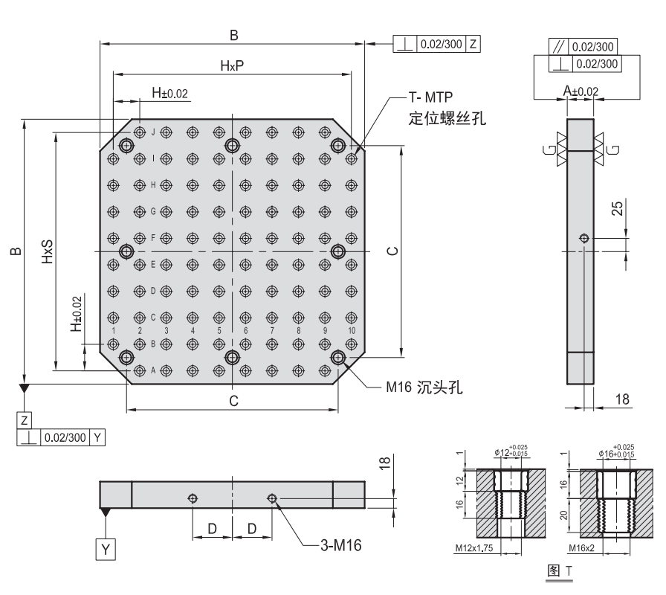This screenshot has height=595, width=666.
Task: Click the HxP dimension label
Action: click(232, 65)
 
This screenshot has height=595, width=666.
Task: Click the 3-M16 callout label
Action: click(340, 545)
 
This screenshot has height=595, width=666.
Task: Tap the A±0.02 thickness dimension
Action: click(581, 91)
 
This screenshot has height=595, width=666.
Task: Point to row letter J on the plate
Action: click(152, 132)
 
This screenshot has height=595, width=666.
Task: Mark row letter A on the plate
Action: click(152, 370)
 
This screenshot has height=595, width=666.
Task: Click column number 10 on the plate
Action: click(350, 329)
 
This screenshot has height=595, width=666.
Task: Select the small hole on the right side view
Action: click(584, 239)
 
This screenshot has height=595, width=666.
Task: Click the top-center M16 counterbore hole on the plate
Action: click(232, 145)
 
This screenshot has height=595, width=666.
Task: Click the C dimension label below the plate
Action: click(233, 402)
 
